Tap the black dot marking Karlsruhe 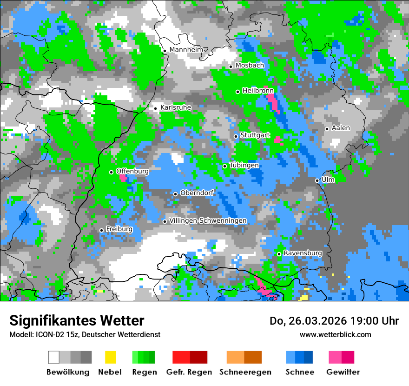pyautogui.click(x=156, y=108)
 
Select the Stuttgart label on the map pyautogui.click(x=255, y=135)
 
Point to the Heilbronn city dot pyautogui.click(x=238, y=92)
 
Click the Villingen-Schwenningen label pyautogui.click(x=208, y=220)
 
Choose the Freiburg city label pyautogui.click(x=119, y=229)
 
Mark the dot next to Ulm pyautogui.click(x=317, y=180)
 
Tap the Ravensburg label pyautogui.click(x=303, y=253)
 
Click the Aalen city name pyautogui.click(x=341, y=128)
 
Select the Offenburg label pyautogui.click(x=132, y=171)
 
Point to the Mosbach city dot pyautogui.click(x=231, y=67)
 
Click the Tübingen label pyautogui.click(x=244, y=165)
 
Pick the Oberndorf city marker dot pyautogui.click(x=175, y=194)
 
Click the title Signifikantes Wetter pyautogui.click(x=77, y=320)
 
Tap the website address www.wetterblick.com pyautogui.click(x=336, y=334)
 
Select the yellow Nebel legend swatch pyautogui.click(x=110, y=357)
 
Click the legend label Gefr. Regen pyautogui.click(x=189, y=372)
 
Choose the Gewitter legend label pyautogui.click(x=343, y=372)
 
